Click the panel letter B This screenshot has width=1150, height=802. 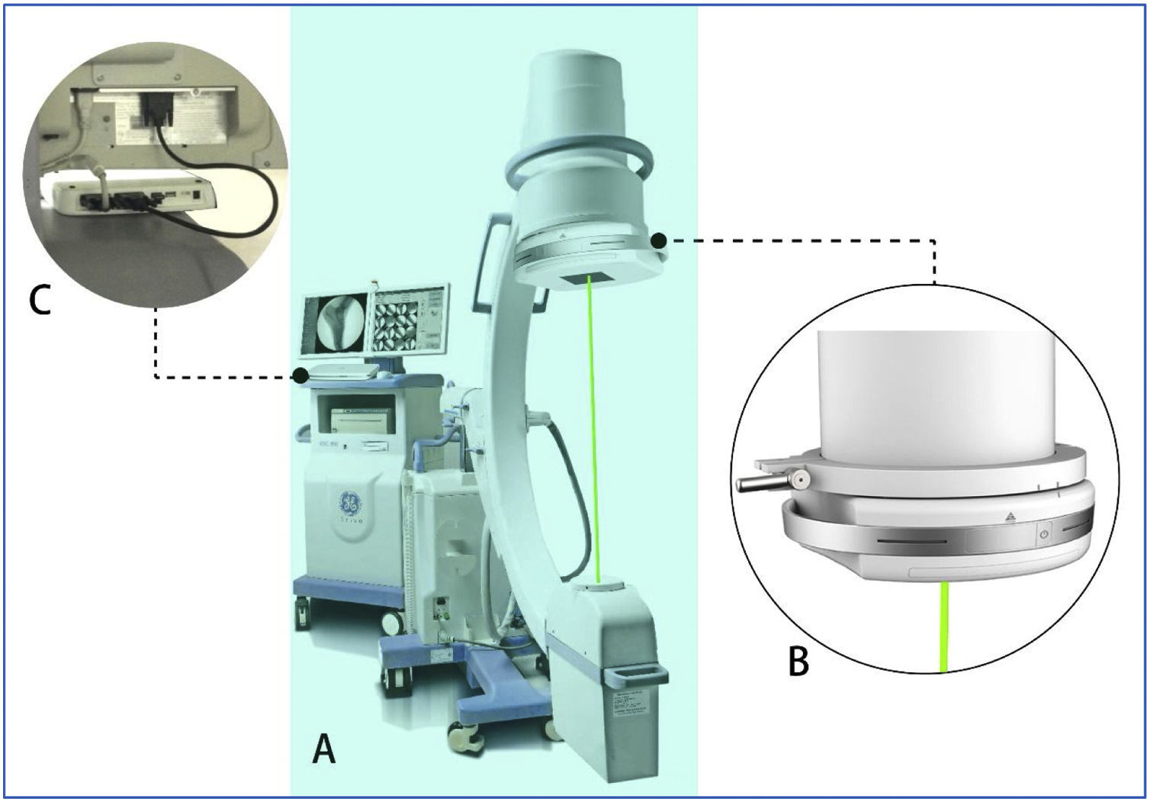click(798, 662)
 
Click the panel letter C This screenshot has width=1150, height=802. click(40, 300)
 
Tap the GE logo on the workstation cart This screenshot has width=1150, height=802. click(352, 504)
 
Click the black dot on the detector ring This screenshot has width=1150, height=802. click(659, 241)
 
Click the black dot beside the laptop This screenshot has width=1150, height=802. click(301, 375)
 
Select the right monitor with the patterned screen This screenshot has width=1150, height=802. click(407, 320)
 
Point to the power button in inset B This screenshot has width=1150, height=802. click(1044, 535)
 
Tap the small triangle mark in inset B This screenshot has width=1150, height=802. click(1010, 517)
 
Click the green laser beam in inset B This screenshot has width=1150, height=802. click(946, 626)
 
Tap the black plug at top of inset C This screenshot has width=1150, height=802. click(157, 108)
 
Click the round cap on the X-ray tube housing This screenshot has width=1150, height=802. click(602, 588)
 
